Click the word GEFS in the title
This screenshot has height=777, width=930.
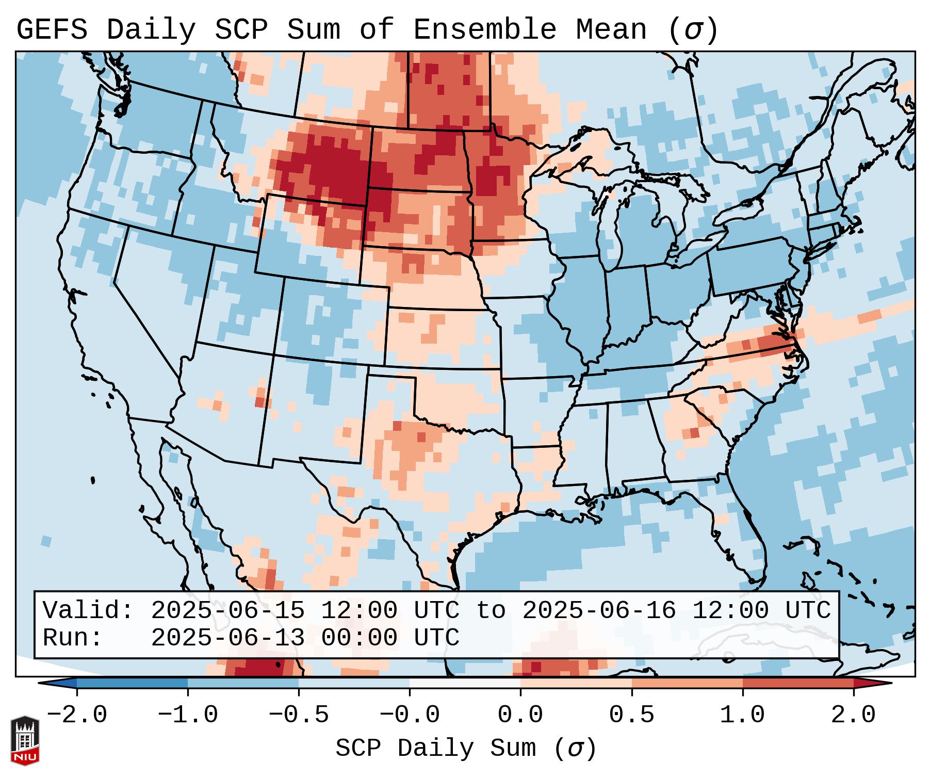click(x=52, y=30)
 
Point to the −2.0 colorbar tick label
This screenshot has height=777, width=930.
click(x=77, y=715)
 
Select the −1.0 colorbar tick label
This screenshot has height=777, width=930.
click(x=188, y=715)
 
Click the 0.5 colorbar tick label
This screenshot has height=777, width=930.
click(x=632, y=715)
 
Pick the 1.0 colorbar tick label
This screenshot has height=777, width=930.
click(x=743, y=715)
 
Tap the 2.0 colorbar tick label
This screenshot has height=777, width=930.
click(x=854, y=715)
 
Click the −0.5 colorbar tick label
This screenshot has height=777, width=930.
click(x=299, y=715)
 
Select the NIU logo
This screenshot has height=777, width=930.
click(x=25, y=740)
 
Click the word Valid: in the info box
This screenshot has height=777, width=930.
click(x=88, y=611)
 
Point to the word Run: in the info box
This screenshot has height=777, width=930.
click(x=73, y=638)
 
